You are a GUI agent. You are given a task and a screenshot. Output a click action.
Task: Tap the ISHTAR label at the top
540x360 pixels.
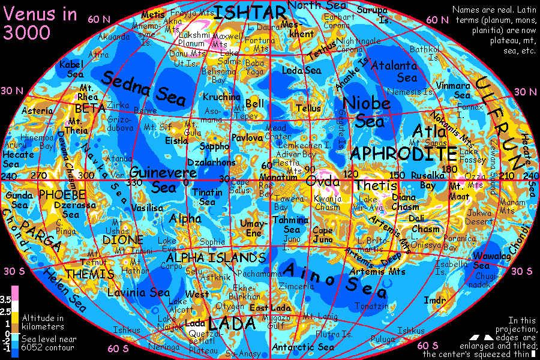pos(251,12)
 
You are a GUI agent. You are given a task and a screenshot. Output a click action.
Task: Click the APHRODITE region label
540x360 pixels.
pos(403,153)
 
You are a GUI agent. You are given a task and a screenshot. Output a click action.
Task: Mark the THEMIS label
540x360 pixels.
pos(89,274)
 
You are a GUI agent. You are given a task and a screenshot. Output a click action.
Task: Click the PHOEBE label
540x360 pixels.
pos(62,195)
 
